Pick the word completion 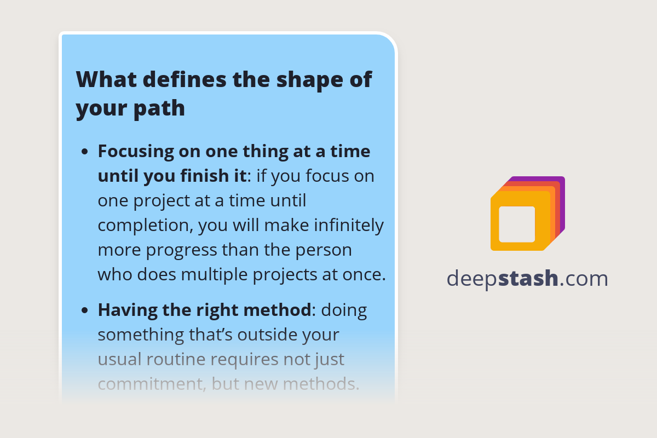[144, 226]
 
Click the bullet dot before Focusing [84, 152]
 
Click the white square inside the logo [517, 224]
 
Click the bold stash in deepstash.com [528, 279]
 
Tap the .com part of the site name [584, 279]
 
